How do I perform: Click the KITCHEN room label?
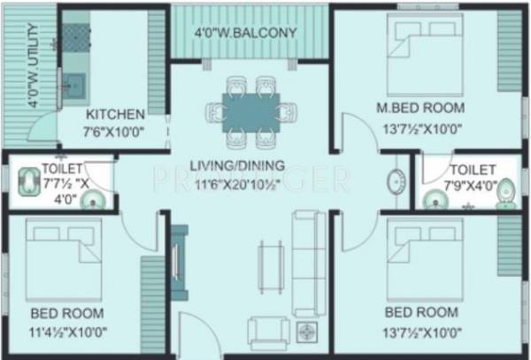pyautogui.click(x=115, y=114)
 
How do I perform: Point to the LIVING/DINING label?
pyautogui.click(x=242, y=165)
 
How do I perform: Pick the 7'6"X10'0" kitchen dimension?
pyautogui.click(x=114, y=133)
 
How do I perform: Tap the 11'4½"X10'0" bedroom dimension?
pyautogui.click(x=66, y=333)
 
